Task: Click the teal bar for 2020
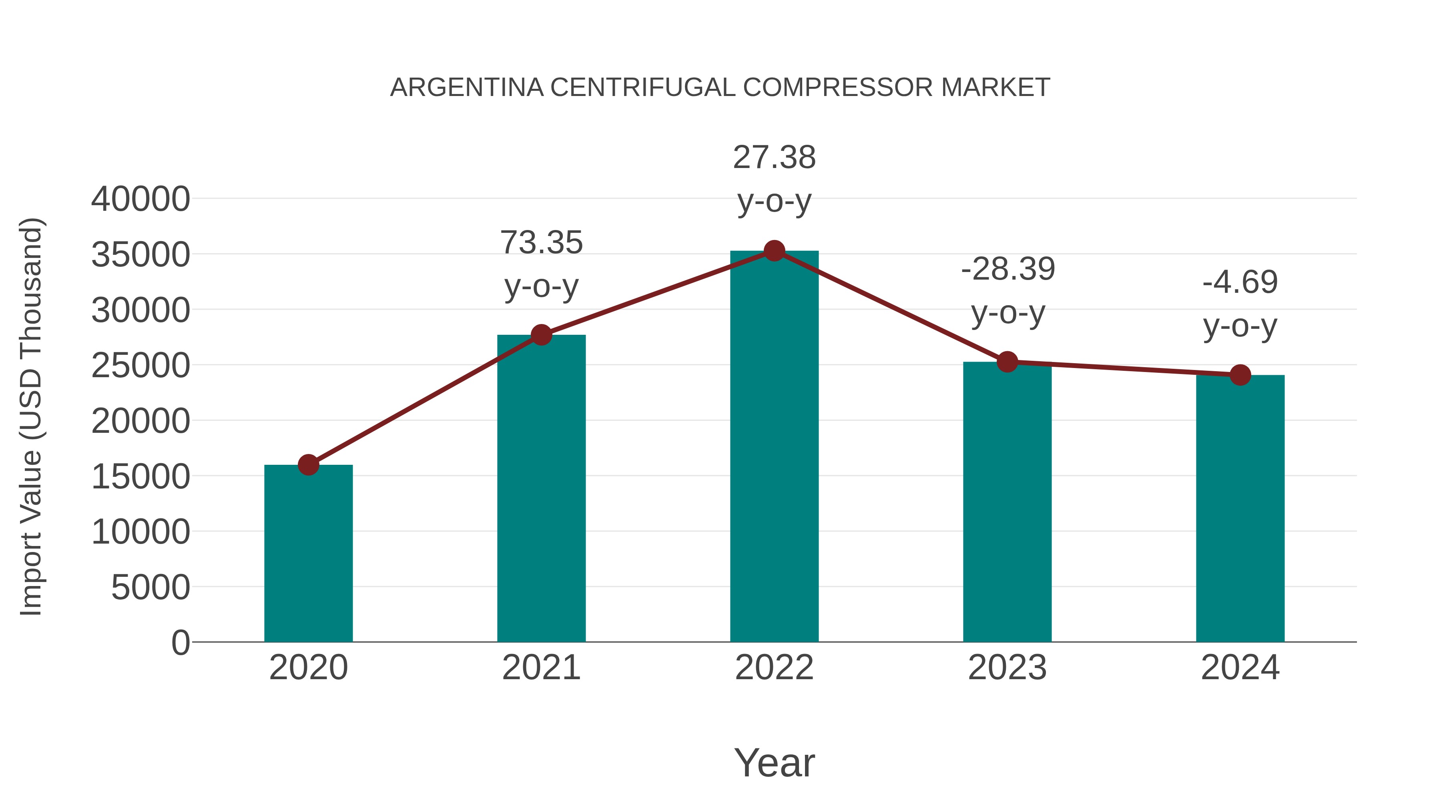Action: (308, 554)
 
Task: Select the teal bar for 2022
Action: (774, 447)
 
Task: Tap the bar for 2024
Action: (1240, 509)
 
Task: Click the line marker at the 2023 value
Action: (1007, 362)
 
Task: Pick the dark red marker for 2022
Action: (774, 251)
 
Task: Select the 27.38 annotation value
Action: (774, 158)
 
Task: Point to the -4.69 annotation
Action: (1240, 282)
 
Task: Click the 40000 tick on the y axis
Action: (140, 199)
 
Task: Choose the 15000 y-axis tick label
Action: (140, 477)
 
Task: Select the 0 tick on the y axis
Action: (181, 643)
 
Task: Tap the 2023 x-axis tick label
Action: (1007, 668)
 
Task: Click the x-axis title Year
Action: (774, 763)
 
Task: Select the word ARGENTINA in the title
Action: (467, 88)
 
